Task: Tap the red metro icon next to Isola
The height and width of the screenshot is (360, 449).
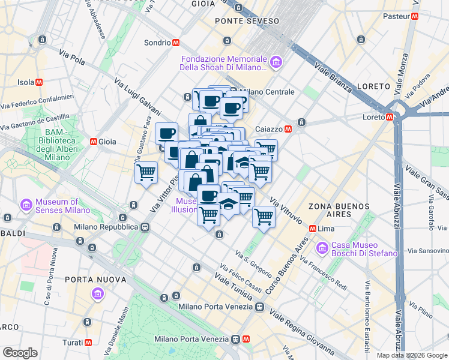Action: tap(39, 82)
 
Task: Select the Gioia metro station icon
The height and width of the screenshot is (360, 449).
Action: tap(94, 142)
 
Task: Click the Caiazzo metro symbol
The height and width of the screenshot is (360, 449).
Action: tap(288, 128)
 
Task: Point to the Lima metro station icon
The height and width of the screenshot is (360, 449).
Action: tap(312, 229)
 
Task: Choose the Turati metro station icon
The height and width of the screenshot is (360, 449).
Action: tap(88, 342)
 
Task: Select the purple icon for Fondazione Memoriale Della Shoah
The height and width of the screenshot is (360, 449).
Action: tap(276, 61)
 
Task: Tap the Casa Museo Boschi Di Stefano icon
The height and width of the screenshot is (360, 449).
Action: tap(323, 247)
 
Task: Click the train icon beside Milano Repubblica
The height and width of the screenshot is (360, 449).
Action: tap(145, 227)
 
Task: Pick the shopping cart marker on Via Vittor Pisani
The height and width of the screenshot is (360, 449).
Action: tap(146, 173)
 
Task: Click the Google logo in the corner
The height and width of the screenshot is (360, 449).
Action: tap(20, 353)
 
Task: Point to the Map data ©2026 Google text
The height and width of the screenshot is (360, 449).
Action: tap(411, 355)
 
